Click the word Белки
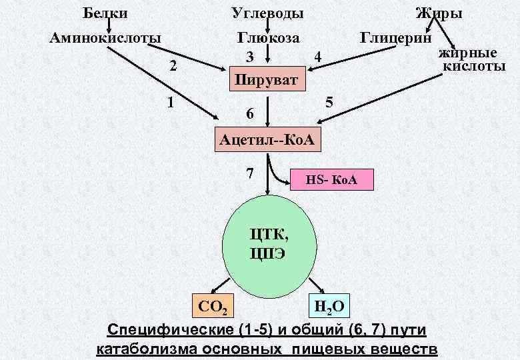105,13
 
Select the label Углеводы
267,13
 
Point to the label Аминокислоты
106,37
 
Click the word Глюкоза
268,37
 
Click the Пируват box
267,80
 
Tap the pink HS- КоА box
333,180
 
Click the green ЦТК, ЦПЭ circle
269,243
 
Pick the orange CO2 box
212,306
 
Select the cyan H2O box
328,306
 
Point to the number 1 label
171,103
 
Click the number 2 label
174,65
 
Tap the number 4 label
318,57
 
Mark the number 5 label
329,103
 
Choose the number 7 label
249,173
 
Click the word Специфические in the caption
170,330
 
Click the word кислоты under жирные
474,65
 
